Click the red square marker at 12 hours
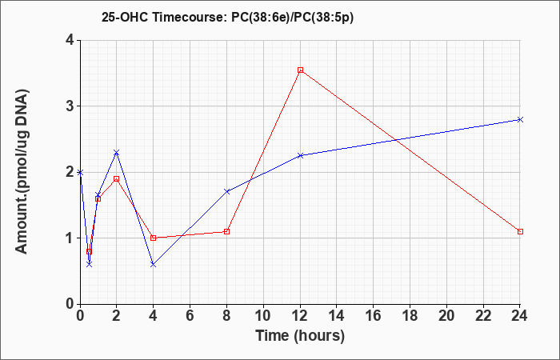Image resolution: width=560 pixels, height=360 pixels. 300,70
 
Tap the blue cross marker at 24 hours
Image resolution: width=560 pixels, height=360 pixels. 520,119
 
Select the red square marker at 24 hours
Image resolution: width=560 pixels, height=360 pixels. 520,231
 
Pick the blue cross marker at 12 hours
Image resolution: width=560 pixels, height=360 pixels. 300,155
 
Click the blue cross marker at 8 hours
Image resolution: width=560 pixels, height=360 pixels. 226,191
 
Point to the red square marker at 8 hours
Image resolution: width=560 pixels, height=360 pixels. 226,231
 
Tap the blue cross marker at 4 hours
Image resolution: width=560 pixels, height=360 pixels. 154,264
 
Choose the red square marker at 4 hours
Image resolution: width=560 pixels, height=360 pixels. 154,238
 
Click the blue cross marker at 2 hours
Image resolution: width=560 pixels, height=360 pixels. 116,153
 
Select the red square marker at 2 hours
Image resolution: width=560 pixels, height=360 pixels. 116,178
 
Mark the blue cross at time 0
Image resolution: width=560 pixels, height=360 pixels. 80,173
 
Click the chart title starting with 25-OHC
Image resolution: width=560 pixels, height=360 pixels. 227,18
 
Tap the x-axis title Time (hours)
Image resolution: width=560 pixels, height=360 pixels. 300,336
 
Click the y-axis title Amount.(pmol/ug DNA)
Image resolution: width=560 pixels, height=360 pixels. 22,171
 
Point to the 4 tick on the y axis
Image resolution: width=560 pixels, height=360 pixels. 70,40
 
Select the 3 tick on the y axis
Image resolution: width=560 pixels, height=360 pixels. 70,106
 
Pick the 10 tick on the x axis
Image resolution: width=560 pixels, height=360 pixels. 263,316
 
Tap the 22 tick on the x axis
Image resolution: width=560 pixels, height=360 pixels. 483,316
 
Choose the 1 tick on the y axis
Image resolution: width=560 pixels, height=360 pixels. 70,238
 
